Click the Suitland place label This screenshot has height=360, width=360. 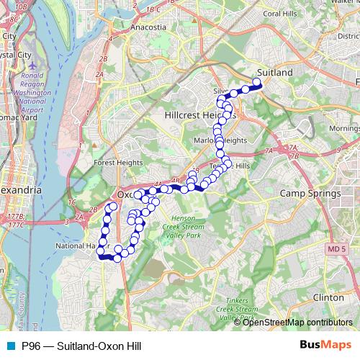275,73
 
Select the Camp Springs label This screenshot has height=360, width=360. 309,194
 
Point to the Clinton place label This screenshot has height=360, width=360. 329,297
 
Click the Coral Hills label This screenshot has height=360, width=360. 282,13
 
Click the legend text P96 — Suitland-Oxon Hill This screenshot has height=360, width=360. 75,345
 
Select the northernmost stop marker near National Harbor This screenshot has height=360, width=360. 112,208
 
